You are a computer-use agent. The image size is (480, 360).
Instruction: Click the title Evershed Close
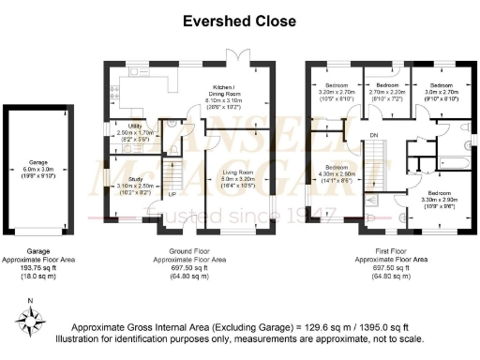click(x=239, y=21)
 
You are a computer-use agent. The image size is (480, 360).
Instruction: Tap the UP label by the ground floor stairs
click(x=172, y=195)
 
